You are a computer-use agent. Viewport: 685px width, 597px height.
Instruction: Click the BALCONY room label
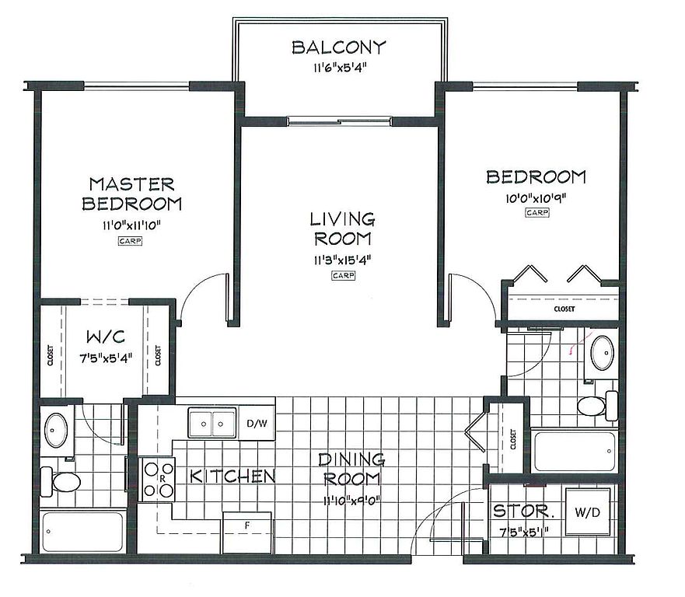[x=339, y=47]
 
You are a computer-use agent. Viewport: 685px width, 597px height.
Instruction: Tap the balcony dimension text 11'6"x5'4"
[x=339, y=68]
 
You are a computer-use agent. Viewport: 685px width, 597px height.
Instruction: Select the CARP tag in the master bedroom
[x=130, y=241]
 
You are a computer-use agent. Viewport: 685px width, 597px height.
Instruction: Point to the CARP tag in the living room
[x=343, y=276]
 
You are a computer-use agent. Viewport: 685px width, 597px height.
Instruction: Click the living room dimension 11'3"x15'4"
[x=342, y=260]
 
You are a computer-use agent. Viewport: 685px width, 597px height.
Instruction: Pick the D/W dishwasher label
[x=257, y=423]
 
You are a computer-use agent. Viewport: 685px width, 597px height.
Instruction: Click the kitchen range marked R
[x=157, y=479]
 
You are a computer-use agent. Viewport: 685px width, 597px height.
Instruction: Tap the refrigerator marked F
[x=247, y=532]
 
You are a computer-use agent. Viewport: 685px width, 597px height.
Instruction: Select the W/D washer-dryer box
[x=588, y=511]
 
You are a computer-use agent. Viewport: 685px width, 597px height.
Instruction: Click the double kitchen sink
[x=212, y=423]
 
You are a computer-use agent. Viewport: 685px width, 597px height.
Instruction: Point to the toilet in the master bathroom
[x=61, y=482]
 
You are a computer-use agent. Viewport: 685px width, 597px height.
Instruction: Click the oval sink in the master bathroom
[x=56, y=430]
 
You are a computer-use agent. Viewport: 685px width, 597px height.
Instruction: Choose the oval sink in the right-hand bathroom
[x=603, y=353]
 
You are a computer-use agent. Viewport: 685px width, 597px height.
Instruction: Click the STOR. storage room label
[x=523, y=511]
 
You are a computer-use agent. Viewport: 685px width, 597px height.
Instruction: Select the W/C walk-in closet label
[x=105, y=337]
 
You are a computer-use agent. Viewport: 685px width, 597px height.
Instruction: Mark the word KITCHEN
[x=232, y=477]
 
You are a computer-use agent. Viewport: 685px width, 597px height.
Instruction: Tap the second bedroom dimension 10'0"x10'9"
[x=536, y=198]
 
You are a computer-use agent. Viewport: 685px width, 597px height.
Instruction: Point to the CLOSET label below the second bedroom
[x=564, y=309]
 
